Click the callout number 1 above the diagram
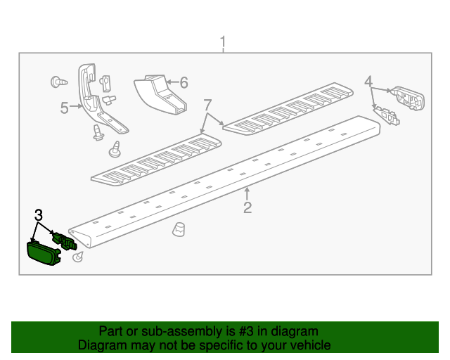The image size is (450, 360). [x=223, y=42]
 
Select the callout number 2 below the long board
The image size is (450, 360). [x=247, y=207]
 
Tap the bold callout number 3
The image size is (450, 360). [x=39, y=215]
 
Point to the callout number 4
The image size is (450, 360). [x=368, y=81]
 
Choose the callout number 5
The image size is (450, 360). [x=64, y=108]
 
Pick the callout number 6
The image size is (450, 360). [x=184, y=82]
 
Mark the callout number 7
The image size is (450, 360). [x=207, y=105]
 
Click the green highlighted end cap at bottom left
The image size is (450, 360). [x=44, y=253]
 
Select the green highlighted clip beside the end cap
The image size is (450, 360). [x=64, y=240]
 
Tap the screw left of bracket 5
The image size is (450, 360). [x=59, y=82]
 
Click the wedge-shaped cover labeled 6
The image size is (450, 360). [x=160, y=94]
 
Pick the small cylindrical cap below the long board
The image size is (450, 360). [x=179, y=229]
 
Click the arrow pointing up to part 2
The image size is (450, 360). [x=247, y=194]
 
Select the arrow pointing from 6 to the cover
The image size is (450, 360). [x=172, y=82]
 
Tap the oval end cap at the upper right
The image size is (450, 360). [x=409, y=98]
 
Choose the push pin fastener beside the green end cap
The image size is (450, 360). [x=78, y=257]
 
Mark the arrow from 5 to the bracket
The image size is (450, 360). [x=76, y=106]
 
